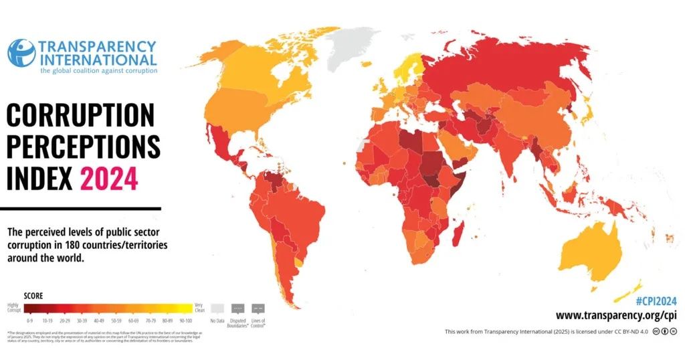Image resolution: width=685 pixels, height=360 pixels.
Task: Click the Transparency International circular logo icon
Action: [x=21, y=53]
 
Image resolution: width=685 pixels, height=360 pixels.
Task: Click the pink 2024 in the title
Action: [x=109, y=179]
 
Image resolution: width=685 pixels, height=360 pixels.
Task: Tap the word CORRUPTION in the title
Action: [x=80, y=116]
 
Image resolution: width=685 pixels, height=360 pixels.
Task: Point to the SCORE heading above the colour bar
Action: [x=33, y=295]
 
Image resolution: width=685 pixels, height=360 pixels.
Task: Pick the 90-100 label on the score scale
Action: [x=185, y=319]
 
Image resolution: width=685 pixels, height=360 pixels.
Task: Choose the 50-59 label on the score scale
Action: [x=116, y=319]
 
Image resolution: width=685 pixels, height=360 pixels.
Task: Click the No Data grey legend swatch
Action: [x=217, y=308]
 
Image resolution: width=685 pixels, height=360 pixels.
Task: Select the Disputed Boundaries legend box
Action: [x=237, y=308]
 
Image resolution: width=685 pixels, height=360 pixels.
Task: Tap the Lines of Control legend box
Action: [x=259, y=308]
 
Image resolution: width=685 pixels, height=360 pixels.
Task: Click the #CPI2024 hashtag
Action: [x=655, y=300]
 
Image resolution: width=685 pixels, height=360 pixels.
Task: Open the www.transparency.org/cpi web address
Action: [x=615, y=314]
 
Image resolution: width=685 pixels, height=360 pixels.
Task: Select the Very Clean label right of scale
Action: [x=200, y=306]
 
